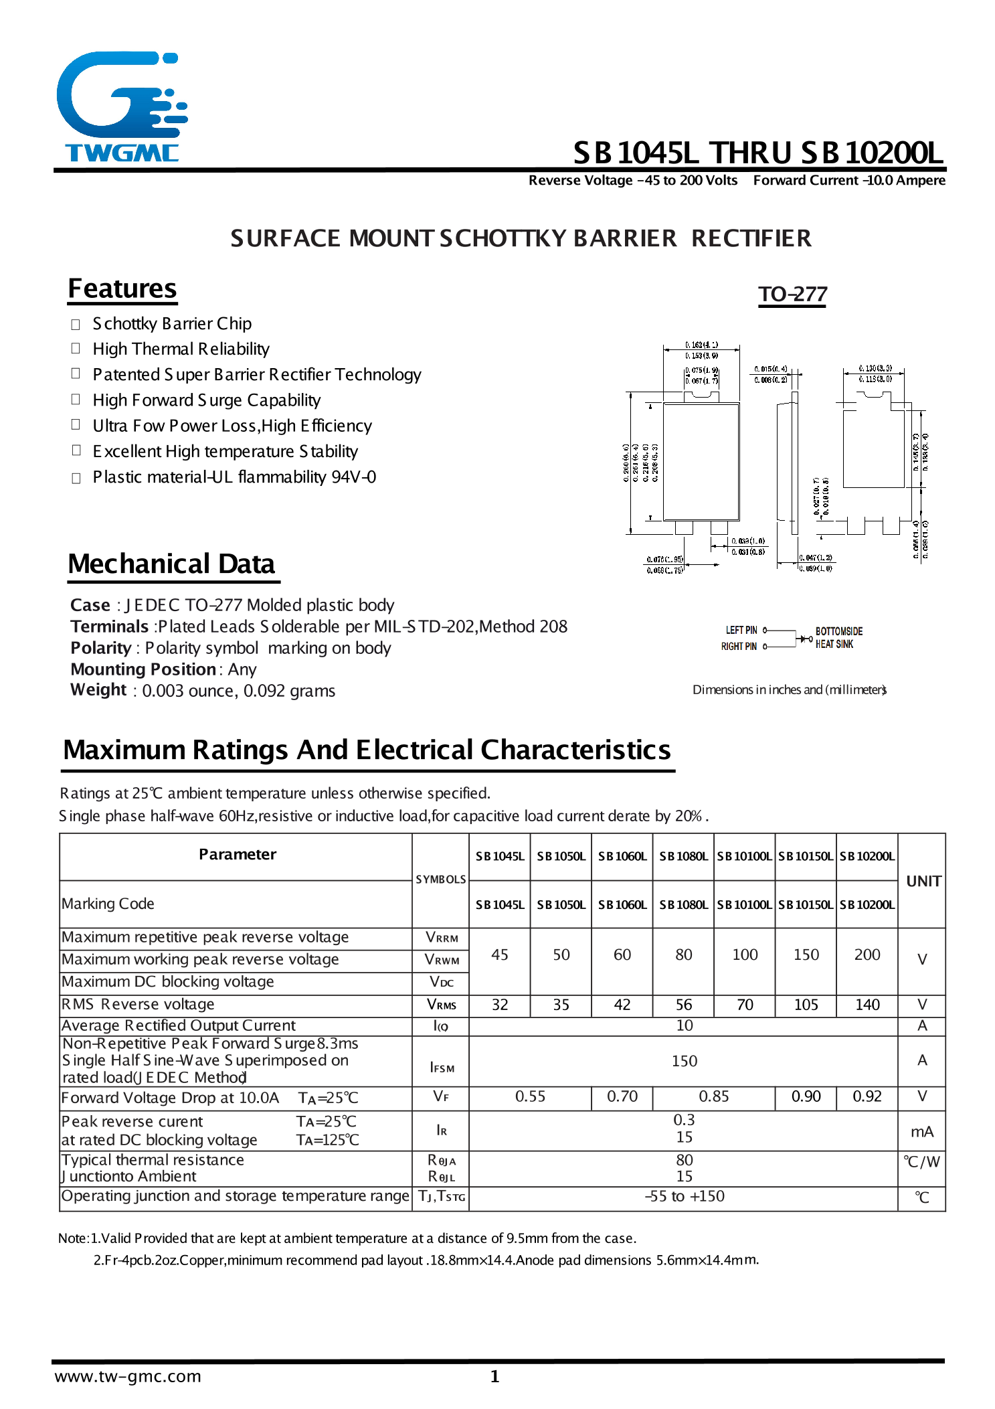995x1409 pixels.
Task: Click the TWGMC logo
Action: click(x=120, y=107)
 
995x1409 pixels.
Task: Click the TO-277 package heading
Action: click(x=792, y=295)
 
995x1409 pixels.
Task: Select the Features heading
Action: click(x=122, y=289)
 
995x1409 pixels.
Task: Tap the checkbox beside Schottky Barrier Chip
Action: click(x=76, y=325)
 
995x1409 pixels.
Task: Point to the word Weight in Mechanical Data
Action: click(x=98, y=690)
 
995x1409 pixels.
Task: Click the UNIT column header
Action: click(x=923, y=881)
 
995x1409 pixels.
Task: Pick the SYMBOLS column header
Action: click(x=440, y=880)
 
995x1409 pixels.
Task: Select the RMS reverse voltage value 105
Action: click(x=806, y=1005)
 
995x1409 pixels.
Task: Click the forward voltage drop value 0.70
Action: click(x=622, y=1096)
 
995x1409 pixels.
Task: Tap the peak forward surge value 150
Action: click(x=684, y=1061)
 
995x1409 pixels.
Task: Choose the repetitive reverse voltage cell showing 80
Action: click(x=683, y=955)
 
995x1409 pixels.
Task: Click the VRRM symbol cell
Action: click(x=442, y=938)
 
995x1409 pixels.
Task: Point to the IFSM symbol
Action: click(x=442, y=1067)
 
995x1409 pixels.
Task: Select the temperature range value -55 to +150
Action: click(x=684, y=1196)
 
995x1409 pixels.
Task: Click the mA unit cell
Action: click(x=921, y=1132)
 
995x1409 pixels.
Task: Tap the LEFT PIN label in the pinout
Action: click(x=741, y=631)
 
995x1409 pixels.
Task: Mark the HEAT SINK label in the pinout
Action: click(x=834, y=644)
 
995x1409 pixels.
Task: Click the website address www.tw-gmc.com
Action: click(x=128, y=1376)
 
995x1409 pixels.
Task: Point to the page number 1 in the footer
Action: click(x=494, y=1376)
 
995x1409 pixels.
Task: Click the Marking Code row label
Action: click(x=108, y=904)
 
